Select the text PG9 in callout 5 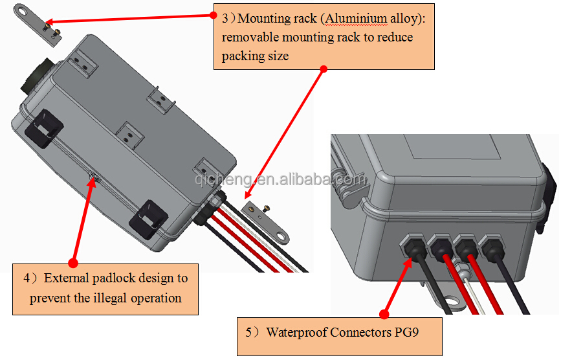point(408,333)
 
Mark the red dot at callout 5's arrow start point(384,315)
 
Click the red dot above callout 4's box point(72,263)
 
